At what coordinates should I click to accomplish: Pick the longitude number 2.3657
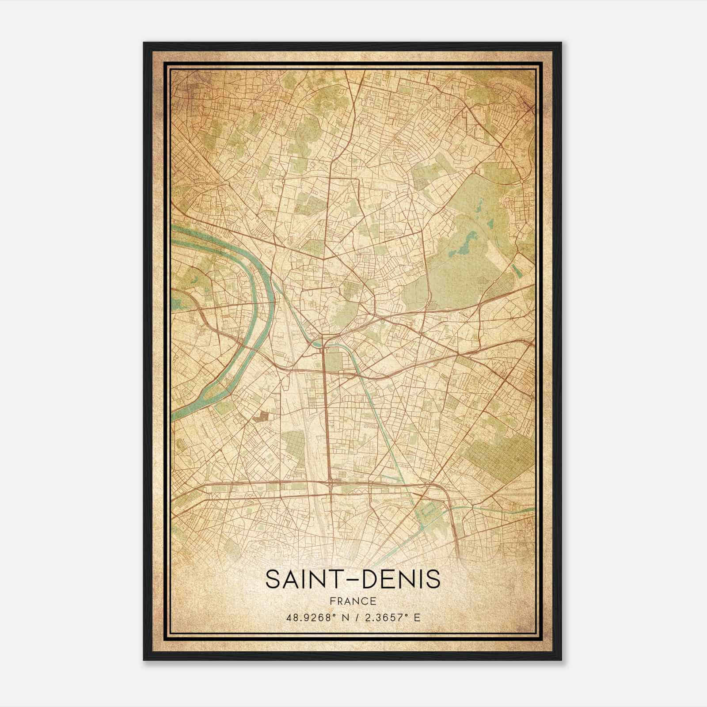(x=384, y=617)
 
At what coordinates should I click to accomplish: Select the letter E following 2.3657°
(x=417, y=617)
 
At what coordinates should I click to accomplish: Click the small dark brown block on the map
(x=264, y=415)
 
